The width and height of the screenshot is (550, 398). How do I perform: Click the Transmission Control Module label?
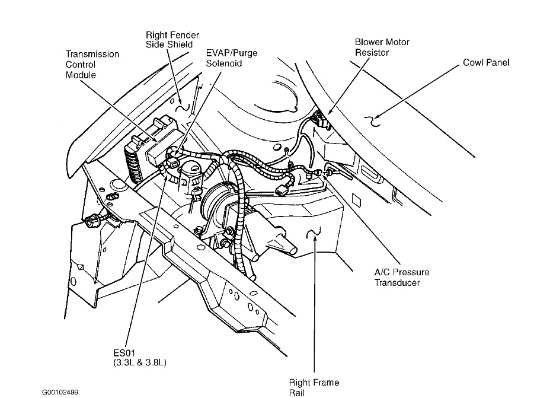pos(92,65)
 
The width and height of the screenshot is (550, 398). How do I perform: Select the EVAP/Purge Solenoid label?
pos(231,58)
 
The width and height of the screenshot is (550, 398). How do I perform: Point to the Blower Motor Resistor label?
pos(382,47)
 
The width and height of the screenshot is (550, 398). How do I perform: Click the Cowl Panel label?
pos(486,62)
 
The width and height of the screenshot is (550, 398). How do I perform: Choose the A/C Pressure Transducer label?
pos(401,278)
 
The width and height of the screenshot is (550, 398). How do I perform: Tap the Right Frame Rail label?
pos(314,387)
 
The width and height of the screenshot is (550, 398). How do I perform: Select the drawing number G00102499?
pos(60,393)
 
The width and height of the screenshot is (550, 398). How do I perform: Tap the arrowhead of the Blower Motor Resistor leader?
pos(327,116)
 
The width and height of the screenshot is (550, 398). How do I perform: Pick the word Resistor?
pos(372,53)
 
